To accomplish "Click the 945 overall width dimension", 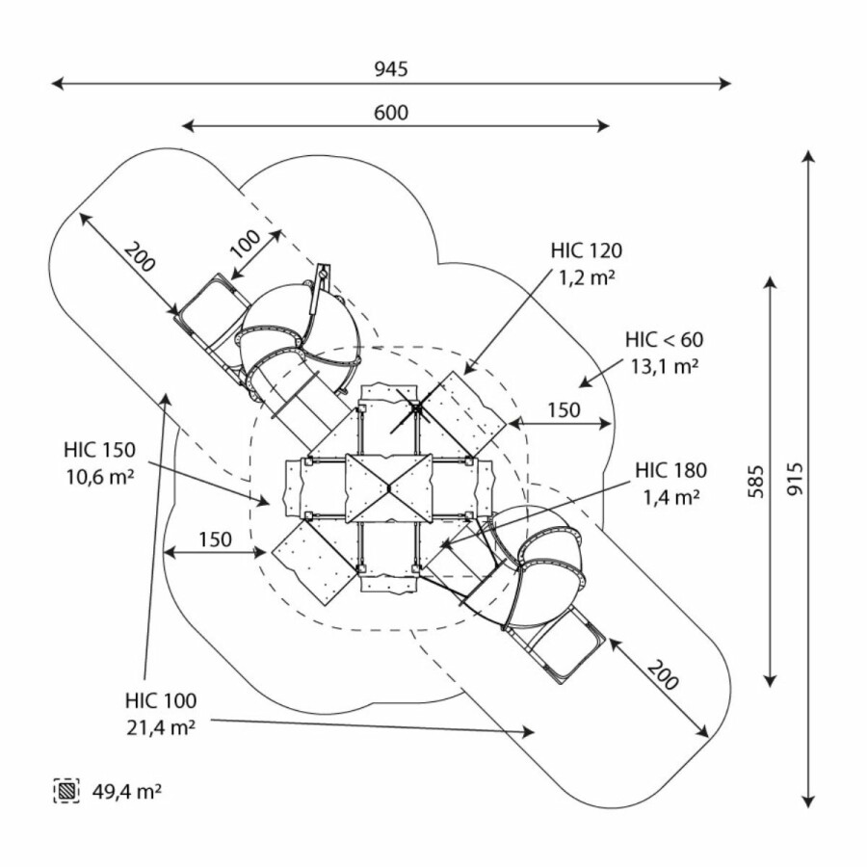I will point(391,69).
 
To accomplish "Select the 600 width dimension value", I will point(391,113).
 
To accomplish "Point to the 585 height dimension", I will point(756,481).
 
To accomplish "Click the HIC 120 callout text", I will point(587,251).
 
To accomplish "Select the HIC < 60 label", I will point(664,339).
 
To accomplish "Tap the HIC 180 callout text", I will point(670,471).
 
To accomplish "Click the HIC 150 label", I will point(100,449).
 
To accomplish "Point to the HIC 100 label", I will point(160,700).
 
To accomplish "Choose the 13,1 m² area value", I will point(664,366).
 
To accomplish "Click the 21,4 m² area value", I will point(160,727).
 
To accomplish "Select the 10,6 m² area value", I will point(100,476).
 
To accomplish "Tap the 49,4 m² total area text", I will point(127,793).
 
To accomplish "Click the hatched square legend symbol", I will point(66,792).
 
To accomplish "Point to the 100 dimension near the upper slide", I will point(245,243).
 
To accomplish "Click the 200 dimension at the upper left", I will point(140,258).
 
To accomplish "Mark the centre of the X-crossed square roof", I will point(390,488).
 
